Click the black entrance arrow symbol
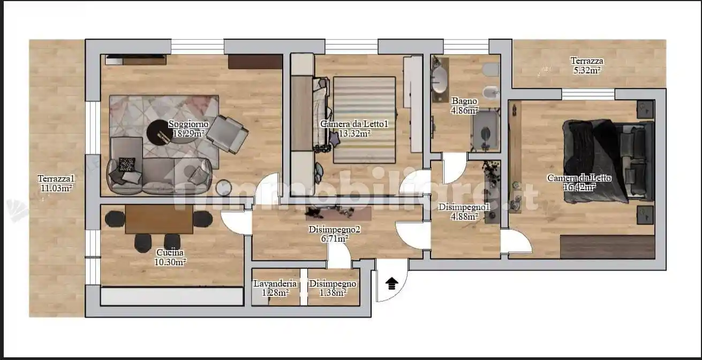[x=391, y=284]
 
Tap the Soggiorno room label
[x=188, y=124]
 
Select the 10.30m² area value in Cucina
[x=170, y=262]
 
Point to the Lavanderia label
[x=275, y=284]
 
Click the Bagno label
[x=464, y=101]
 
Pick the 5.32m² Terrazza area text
[x=587, y=70]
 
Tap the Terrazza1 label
[x=56, y=179]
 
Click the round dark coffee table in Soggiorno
[x=160, y=132]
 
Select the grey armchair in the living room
[x=227, y=134]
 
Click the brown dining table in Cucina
[x=159, y=219]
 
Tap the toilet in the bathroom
[x=491, y=70]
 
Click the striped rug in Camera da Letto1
[x=364, y=120]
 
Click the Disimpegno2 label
[x=334, y=229]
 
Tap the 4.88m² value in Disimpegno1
[x=464, y=216]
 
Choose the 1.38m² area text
[x=333, y=293]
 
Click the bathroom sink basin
[x=440, y=80]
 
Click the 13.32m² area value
[x=355, y=133]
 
